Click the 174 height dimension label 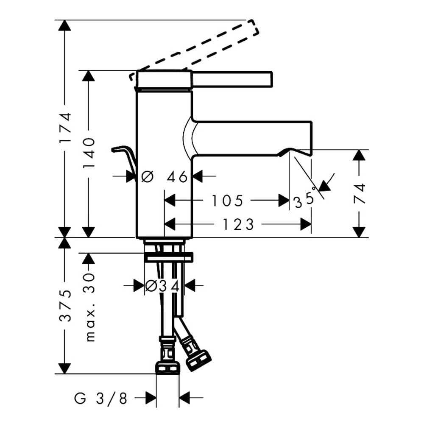[x=65, y=127]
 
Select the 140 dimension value [x=89, y=152]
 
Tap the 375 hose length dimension [x=65, y=306]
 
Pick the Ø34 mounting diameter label [x=162, y=286]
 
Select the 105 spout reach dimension [x=227, y=201]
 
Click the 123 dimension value [x=238, y=224]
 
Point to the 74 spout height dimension [x=360, y=193]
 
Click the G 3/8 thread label [x=100, y=398]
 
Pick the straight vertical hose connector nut [x=167, y=368]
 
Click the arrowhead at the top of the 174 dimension [x=64, y=25]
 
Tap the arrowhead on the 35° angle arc [x=324, y=186]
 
